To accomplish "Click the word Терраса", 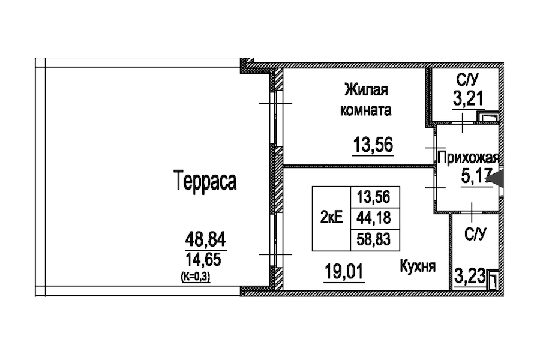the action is [205, 180].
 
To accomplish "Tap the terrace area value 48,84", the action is [205, 239].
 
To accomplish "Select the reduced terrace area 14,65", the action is [203, 259].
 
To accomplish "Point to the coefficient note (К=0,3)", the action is [196, 277].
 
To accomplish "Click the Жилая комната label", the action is [366, 100].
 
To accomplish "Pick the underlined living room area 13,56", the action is [373, 145].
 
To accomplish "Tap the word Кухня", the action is [418, 266].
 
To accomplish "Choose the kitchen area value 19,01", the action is [344, 271].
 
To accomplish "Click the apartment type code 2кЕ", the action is [331, 218].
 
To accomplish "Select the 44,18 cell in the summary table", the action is [374, 218].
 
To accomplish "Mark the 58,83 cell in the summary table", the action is [374, 239].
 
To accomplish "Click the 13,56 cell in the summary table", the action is [374, 197].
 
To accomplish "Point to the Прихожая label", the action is [468, 158].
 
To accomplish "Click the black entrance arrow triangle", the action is [496, 179].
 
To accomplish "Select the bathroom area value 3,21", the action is [468, 99].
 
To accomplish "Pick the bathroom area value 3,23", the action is [470, 276].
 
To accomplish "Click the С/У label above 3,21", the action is [467, 80].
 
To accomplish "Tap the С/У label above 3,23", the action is [475, 234].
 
